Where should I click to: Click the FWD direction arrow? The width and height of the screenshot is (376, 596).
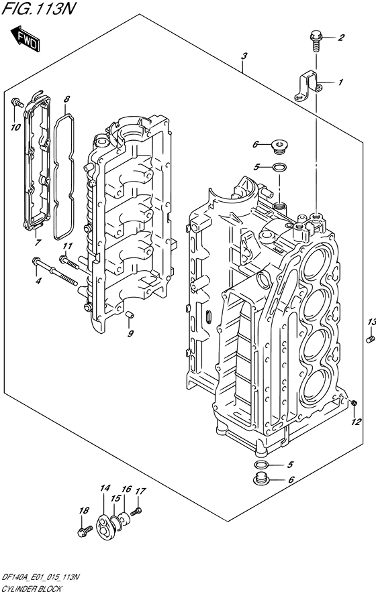point(25,38)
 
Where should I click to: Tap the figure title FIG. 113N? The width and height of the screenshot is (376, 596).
point(38,8)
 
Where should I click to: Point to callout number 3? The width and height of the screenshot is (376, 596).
point(244,56)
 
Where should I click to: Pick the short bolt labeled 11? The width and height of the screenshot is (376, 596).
point(69,263)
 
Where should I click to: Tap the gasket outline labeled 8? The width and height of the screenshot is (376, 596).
point(63,177)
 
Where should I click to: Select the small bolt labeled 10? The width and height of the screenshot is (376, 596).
point(17,103)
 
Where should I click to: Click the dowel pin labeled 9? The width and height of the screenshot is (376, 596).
point(129,314)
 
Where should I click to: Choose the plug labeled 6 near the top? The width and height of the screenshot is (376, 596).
point(280,147)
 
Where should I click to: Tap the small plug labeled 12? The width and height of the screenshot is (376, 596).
point(354,402)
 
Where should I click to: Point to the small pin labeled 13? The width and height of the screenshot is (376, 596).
point(369,339)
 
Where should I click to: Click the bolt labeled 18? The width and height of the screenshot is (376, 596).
point(85,530)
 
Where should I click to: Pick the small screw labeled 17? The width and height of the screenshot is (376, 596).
point(136,512)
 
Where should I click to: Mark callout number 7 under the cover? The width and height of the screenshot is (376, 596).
point(38,242)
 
